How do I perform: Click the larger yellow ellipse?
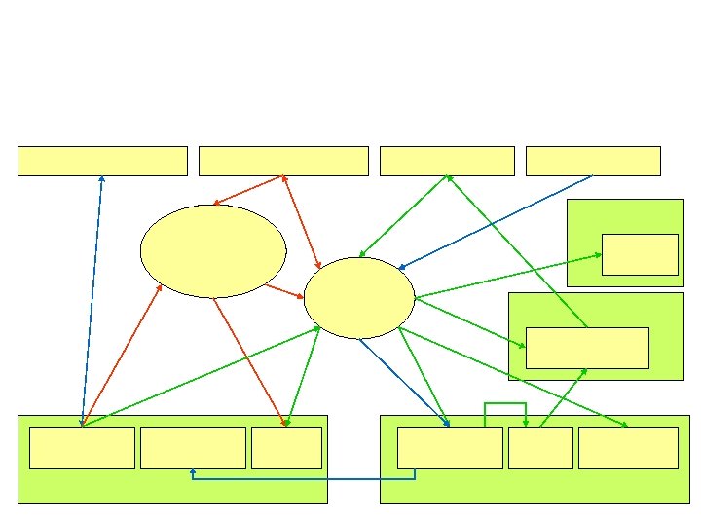[213, 251]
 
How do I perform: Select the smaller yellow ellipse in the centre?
[359, 298]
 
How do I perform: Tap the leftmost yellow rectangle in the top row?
[102, 161]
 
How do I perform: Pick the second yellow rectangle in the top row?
[283, 161]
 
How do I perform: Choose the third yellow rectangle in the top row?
[447, 161]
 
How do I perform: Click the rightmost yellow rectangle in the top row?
[593, 161]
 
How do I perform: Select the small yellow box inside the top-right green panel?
[640, 254]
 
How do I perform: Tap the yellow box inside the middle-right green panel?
[587, 348]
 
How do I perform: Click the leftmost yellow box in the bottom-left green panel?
[82, 447]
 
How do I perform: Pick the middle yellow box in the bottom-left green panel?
[193, 447]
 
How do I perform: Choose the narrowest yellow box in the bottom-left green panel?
[286, 447]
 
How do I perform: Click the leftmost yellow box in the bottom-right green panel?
[450, 447]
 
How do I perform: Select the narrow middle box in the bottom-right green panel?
[540, 447]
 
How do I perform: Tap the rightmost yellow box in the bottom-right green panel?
[628, 447]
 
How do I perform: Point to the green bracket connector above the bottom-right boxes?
[505, 403]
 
